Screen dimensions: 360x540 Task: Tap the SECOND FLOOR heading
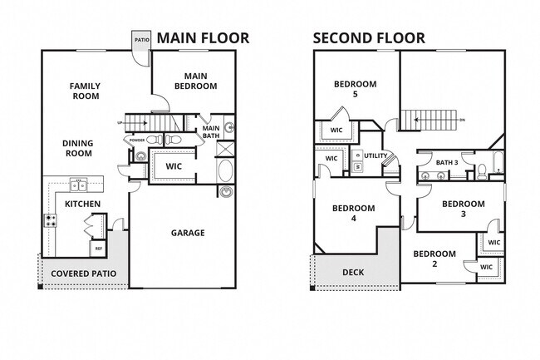[x=369, y=37]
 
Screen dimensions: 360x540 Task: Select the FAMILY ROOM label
[x=84, y=91]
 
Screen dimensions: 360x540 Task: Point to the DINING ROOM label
[x=77, y=148]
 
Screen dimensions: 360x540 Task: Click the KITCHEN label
[x=83, y=204]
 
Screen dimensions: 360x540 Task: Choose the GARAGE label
[x=188, y=233]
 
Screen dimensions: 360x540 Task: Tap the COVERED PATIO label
[x=83, y=274]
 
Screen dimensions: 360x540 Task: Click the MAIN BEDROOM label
[x=195, y=81]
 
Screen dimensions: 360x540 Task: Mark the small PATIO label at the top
[x=142, y=38]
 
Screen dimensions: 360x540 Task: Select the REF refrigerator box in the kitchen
[x=98, y=249]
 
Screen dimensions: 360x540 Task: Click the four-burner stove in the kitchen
[x=50, y=221]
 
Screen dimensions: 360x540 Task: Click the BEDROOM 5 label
[x=356, y=89]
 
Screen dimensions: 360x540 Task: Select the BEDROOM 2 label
[x=434, y=259]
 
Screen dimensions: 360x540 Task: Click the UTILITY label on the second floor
[x=376, y=155]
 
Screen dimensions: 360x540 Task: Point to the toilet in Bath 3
[x=480, y=172]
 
